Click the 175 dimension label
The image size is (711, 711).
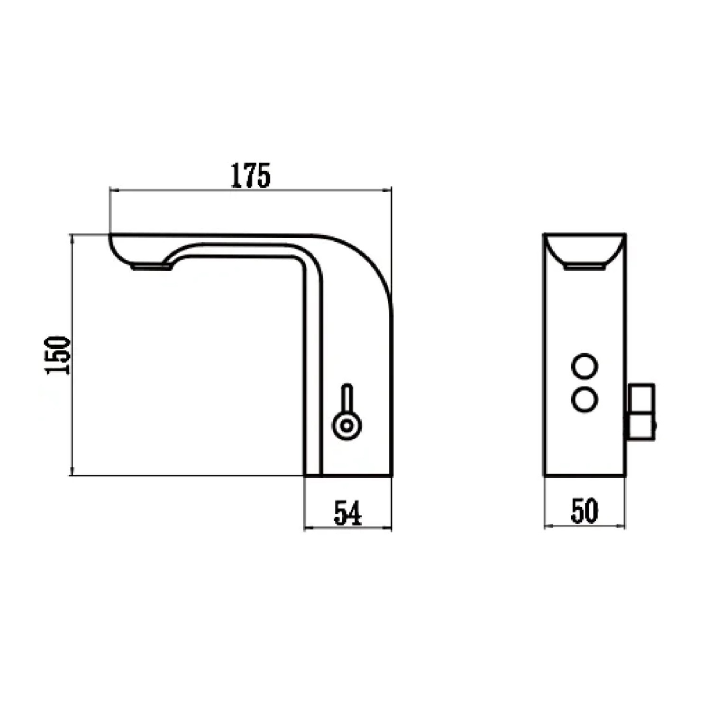click(251, 175)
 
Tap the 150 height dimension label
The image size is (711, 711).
click(58, 355)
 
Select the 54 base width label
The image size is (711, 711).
click(348, 513)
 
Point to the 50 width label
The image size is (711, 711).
click(584, 511)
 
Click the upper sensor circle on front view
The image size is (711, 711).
click(584, 366)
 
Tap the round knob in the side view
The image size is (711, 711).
click(347, 425)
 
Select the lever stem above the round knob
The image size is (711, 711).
click(347, 398)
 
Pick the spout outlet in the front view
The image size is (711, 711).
click(584, 267)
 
